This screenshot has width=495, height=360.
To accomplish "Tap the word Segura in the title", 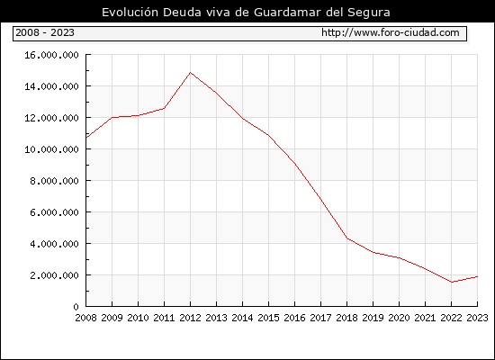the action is pyautogui.click(x=369, y=13).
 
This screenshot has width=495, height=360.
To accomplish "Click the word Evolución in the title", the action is pyautogui.click(x=130, y=13).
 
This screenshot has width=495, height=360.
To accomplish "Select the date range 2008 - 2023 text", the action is pyautogui.click(x=45, y=32).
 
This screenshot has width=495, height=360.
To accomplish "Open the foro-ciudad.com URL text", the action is pyautogui.click(x=391, y=32).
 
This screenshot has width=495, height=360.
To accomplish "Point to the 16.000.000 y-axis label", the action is pyautogui.click(x=51, y=55).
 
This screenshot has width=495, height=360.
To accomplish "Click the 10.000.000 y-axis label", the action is pyautogui.click(x=51, y=149).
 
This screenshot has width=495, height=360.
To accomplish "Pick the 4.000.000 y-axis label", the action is pyautogui.click(x=54, y=244).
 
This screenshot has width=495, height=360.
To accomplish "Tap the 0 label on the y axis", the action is pyautogui.click(x=76, y=307).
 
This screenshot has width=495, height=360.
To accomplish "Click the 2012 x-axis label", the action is pyautogui.click(x=190, y=318).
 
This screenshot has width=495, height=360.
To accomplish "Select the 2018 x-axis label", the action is pyautogui.click(x=346, y=318).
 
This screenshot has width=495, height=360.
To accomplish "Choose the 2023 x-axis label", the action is pyautogui.click(x=477, y=318).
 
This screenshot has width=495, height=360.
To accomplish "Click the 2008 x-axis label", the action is pyautogui.click(x=85, y=318).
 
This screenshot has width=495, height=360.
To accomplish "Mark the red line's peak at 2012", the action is pyautogui.click(x=191, y=73).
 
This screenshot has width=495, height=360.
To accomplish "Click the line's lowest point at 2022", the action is pyautogui.click(x=452, y=282).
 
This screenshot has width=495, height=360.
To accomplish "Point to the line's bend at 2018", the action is pyautogui.click(x=346, y=238).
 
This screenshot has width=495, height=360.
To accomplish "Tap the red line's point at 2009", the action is pyautogui.click(x=112, y=118).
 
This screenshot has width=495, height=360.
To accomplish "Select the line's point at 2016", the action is pyautogui.click(x=295, y=164).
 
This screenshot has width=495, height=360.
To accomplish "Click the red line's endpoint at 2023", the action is pyautogui.click(x=477, y=276).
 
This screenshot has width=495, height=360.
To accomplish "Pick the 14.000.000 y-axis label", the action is pyautogui.click(x=51, y=86).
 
